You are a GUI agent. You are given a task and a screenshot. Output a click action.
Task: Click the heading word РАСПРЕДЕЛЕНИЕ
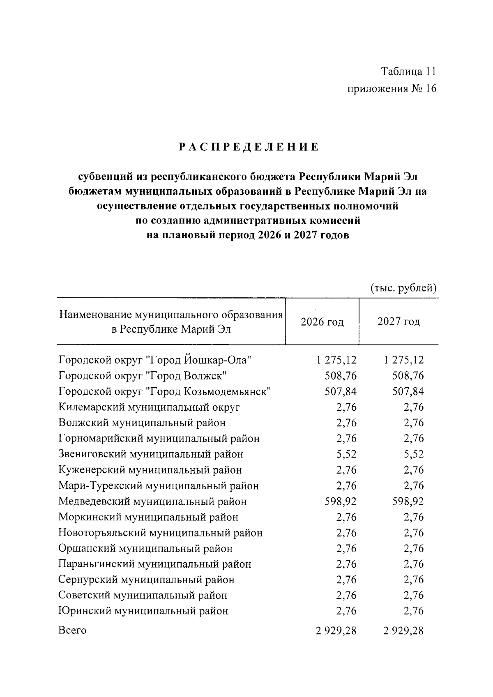pyautogui.click(x=249, y=147)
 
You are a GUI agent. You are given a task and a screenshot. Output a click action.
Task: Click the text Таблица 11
pyautogui.click(x=408, y=71)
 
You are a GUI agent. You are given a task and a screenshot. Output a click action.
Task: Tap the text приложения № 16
pyautogui.click(x=392, y=88)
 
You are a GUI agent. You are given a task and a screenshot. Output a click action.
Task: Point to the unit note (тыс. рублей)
pyautogui.click(x=403, y=288)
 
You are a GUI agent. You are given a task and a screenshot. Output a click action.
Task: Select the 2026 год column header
pyautogui.click(x=322, y=322)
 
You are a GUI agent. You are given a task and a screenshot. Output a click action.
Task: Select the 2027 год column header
pyautogui.click(x=399, y=321)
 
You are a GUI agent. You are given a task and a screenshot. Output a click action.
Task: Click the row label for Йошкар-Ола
pyautogui.click(x=155, y=360)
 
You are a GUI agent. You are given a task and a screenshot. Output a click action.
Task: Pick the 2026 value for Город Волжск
pyautogui.click(x=341, y=376)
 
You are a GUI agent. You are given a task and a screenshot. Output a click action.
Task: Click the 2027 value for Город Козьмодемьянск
pyautogui.click(x=408, y=391)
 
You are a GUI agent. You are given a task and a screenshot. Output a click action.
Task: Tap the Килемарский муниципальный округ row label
pyautogui.click(x=149, y=407)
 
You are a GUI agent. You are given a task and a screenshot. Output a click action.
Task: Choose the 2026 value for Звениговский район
pyautogui.click(x=346, y=454)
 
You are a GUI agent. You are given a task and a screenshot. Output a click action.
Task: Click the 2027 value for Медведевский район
pyautogui.click(x=408, y=501)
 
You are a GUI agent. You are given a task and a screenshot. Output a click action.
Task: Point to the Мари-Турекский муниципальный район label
pyautogui.click(x=159, y=485)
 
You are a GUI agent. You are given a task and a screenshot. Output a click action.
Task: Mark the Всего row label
pyautogui.click(x=72, y=630)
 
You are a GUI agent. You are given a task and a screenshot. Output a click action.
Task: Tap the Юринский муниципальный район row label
pyautogui.click(x=143, y=611)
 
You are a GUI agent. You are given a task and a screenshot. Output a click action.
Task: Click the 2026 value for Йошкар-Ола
pyautogui.click(x=336, y=360)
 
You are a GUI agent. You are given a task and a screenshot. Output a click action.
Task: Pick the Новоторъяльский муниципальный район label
pyautogui.click(x=160, y=533)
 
